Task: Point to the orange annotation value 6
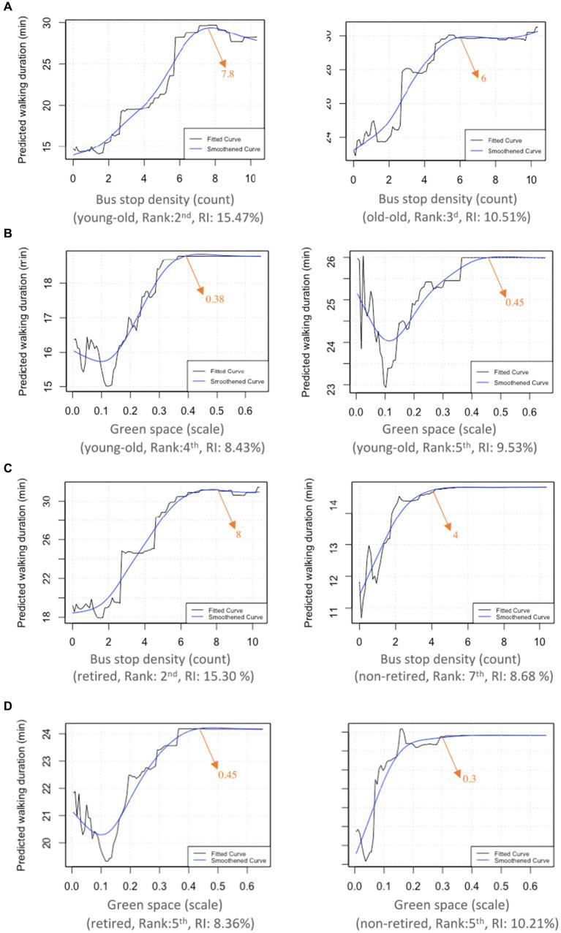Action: coord(483,78)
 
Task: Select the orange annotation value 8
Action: coord(238,535)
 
